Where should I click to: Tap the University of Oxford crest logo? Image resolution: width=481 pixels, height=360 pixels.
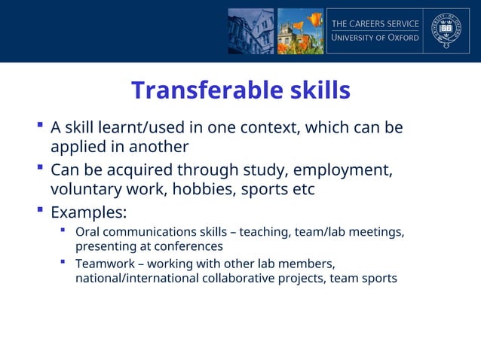446,31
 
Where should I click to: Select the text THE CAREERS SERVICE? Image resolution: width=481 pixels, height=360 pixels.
375,23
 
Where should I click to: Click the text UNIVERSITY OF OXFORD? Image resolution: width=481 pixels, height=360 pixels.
375,38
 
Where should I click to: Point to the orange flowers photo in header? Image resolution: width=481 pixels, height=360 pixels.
300,31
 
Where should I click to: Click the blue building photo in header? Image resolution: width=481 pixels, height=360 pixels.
251,31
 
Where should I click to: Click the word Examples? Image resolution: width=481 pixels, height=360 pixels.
88,211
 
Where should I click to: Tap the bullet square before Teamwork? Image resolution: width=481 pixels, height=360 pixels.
64,262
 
